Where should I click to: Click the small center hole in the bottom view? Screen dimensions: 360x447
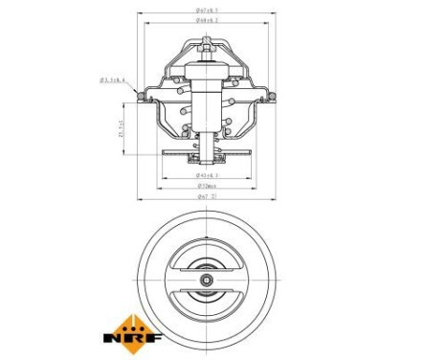coord(206,281)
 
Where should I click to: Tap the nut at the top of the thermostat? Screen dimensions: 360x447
coord(206,44)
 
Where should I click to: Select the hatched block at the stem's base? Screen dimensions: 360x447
coord(206,143)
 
